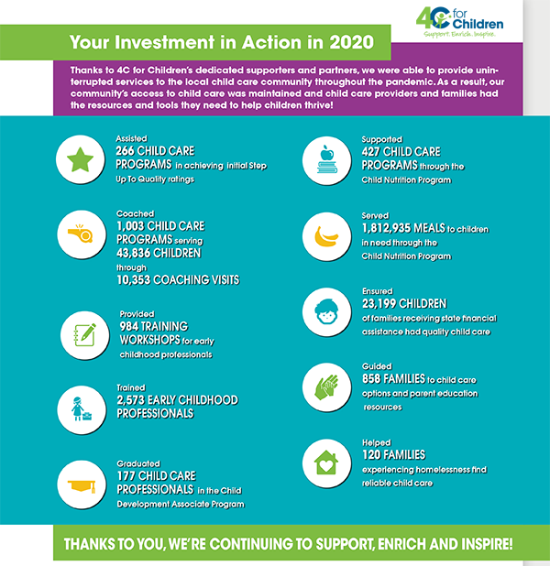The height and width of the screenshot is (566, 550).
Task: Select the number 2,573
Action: (x=137, y=400)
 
